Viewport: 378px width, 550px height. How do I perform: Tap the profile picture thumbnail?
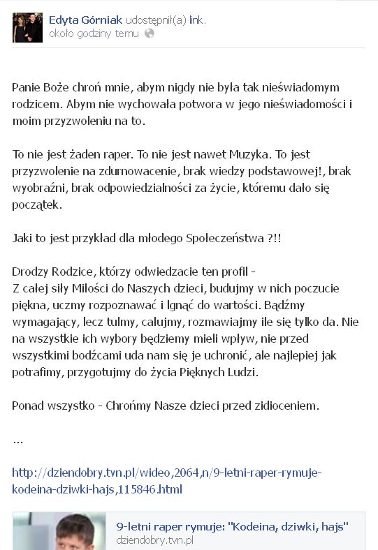click(27, 27)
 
